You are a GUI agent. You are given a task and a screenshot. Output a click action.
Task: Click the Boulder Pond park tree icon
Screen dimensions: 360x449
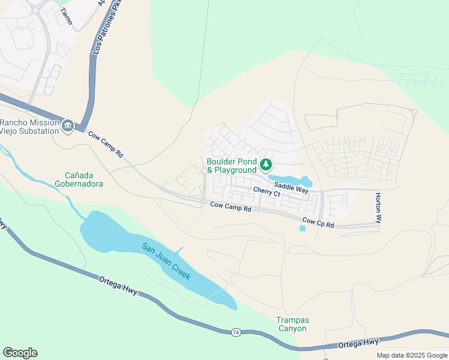265,164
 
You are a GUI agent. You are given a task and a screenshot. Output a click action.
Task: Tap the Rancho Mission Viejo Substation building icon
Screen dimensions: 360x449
68,125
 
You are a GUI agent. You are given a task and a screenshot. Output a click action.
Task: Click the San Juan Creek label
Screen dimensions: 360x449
166,261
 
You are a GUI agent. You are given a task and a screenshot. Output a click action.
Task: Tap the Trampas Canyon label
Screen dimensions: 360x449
292,324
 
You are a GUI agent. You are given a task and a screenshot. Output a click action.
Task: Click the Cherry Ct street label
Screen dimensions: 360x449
267,193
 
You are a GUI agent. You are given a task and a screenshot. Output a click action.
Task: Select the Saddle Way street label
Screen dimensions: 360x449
291,187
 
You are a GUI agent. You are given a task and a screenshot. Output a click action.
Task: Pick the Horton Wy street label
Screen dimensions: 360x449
378,208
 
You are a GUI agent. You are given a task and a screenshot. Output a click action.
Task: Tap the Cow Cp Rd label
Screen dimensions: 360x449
318,223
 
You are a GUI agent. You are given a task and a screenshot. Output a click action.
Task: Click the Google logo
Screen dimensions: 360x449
20,353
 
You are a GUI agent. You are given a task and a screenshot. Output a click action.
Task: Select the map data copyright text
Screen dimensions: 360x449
412,355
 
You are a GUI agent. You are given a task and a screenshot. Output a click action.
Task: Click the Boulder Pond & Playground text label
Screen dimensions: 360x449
232,166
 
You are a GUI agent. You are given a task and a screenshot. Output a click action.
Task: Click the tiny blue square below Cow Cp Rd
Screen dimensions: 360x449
302,228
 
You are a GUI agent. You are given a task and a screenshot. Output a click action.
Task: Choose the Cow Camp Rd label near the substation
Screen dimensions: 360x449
105,145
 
